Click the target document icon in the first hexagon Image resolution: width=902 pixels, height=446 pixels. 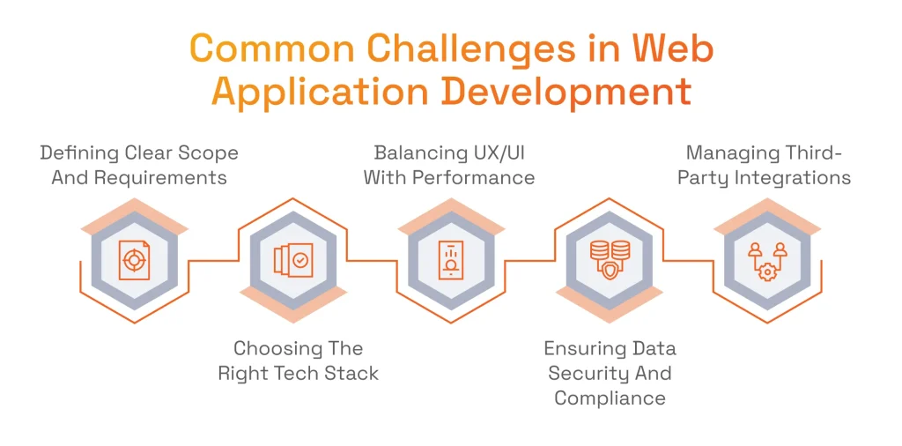(x=134, y=260)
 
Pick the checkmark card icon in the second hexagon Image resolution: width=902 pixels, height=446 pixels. (x=292, y=261)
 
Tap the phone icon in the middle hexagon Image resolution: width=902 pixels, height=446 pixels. (x=450, y=261)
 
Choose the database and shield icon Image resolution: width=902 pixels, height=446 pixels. (x=610, y=260)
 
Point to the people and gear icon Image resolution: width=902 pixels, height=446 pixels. (x=767, y=261)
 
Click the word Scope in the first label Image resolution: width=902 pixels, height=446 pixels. (x=210, y=154)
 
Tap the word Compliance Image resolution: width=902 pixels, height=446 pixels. (x=610, y=398)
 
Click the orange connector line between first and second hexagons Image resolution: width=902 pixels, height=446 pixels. (x=213, y=261)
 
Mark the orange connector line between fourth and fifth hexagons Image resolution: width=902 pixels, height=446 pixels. (x=688, y=261)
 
